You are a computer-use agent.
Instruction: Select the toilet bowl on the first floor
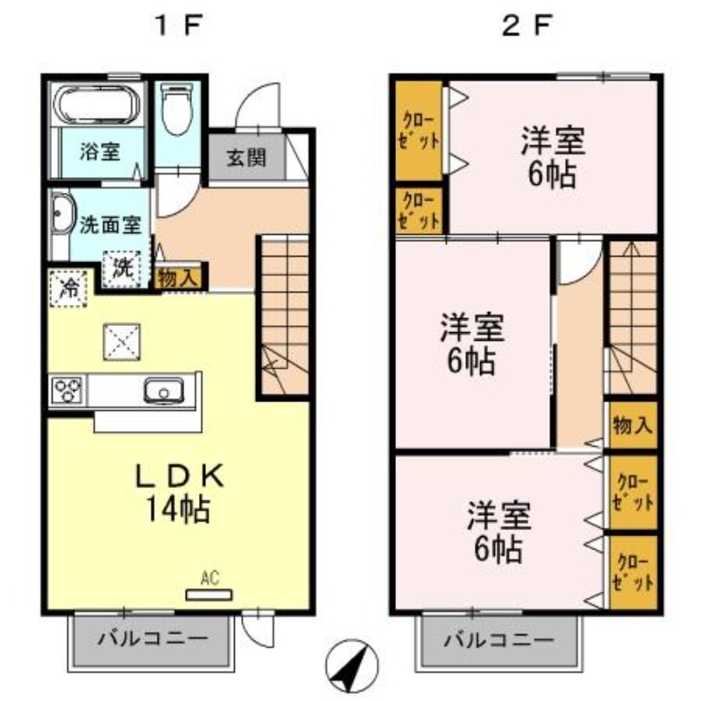[x=177, y=112]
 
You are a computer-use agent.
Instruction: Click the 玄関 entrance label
[x=247, y=159]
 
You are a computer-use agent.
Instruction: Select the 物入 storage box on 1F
[x=179, y=278]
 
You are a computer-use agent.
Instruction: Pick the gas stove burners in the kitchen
[x=67, y=389]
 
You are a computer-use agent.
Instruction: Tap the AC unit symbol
[x=209, y=593]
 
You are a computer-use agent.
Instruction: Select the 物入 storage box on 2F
[x=632, y=426]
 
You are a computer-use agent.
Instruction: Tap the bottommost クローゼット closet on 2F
[x=632, y=572]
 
